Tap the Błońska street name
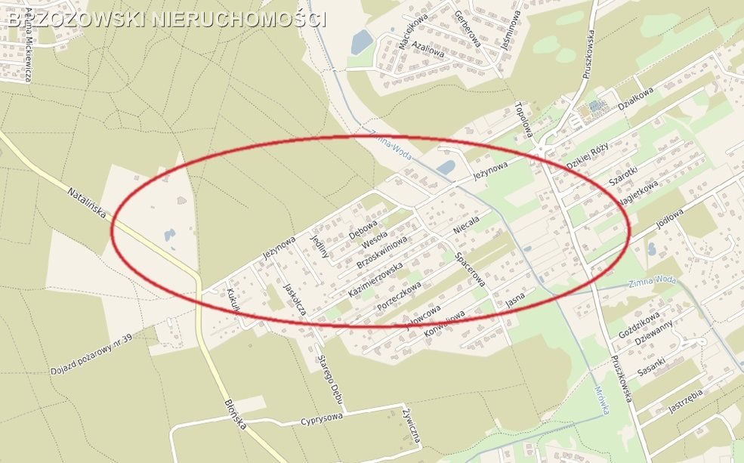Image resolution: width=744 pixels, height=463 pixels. point(235,414)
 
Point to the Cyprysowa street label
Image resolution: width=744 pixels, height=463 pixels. point(322,417)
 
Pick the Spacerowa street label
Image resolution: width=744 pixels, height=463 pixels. point(469,269)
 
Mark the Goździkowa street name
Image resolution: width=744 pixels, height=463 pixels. point(640,323)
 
